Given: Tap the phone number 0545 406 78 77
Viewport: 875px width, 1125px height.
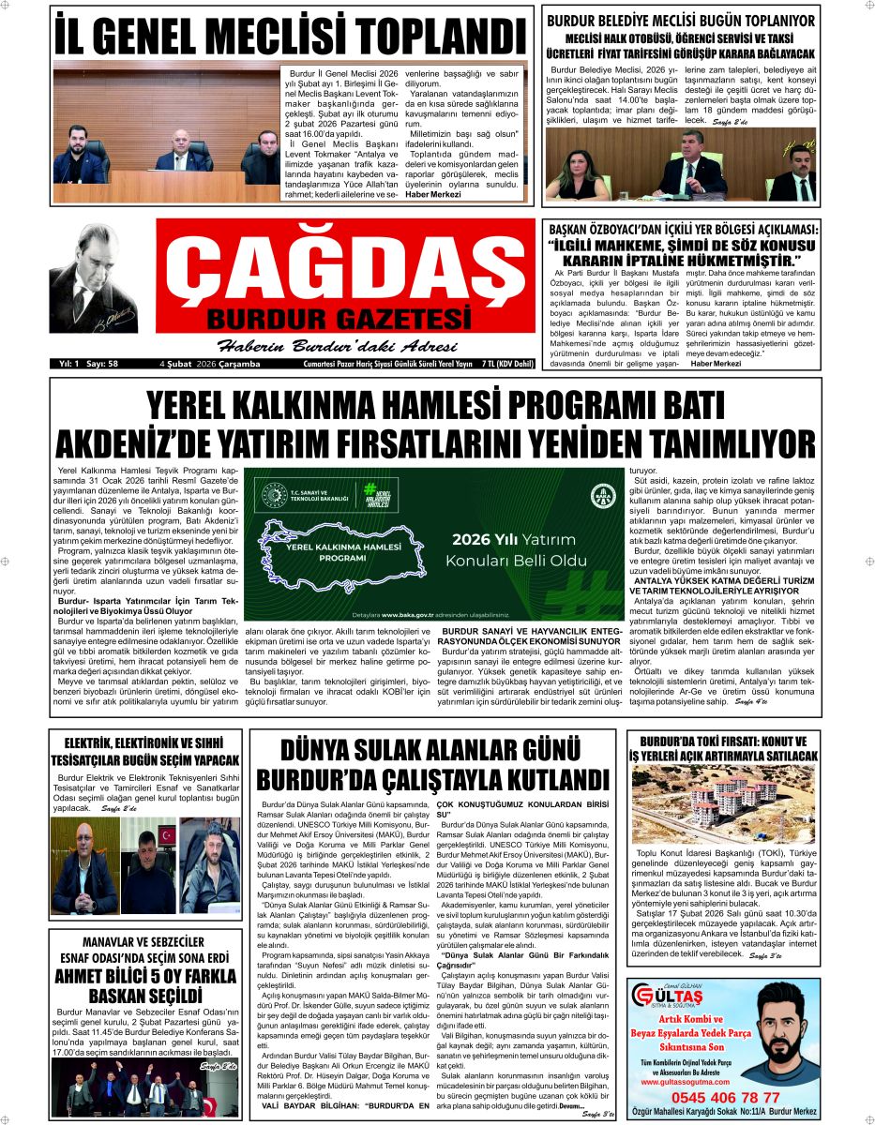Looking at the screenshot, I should click(720, 1097).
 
